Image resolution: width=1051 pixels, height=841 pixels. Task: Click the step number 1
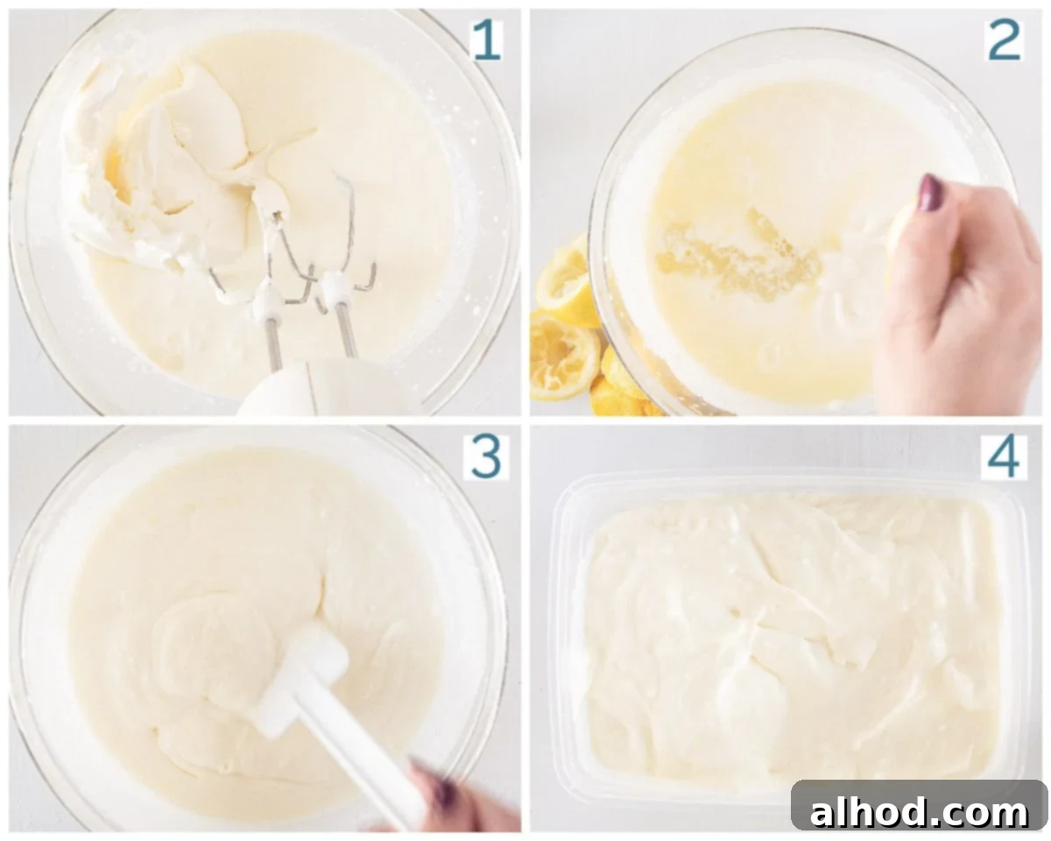(487, 39)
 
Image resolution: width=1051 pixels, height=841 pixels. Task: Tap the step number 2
(1005, 39)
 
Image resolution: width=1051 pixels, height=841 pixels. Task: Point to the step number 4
(1004, 456)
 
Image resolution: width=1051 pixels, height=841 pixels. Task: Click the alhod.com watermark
(919, 805)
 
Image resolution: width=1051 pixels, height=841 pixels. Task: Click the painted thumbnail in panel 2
(930, 192)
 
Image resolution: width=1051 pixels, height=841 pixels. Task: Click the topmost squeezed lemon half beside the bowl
(565, 280)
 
